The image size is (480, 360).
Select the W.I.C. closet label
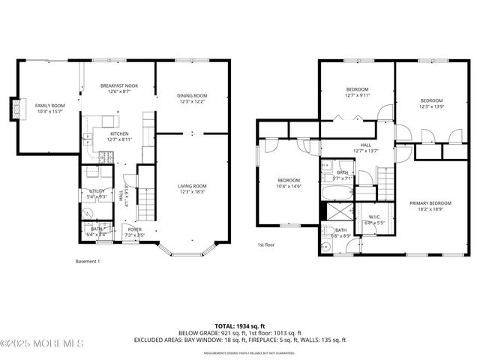coord(375,220)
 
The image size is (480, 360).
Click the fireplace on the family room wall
coord(13,109)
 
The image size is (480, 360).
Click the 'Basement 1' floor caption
coord(88,261)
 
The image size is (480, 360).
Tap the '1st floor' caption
coord(266,245)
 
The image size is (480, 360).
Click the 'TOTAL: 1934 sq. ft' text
coord(239,326)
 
